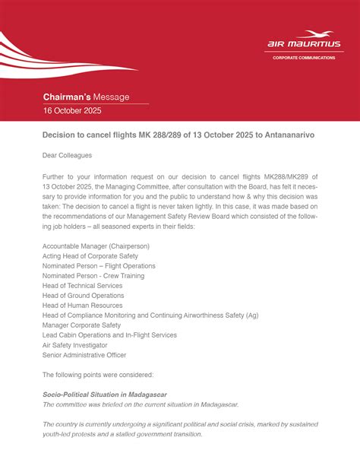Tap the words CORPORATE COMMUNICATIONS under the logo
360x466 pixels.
tap(303, 58)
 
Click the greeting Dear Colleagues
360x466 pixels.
tap(68, 155)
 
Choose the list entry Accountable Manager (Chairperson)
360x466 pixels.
tap(96, 246)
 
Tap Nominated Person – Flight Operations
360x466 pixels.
tap(99, 266)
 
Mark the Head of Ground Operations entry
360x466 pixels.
tap(83, 296)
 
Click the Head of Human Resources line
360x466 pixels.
tap(81, 306)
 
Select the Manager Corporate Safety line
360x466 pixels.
tap(81, 325)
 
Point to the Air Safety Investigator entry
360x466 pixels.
tap(74, 344)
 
